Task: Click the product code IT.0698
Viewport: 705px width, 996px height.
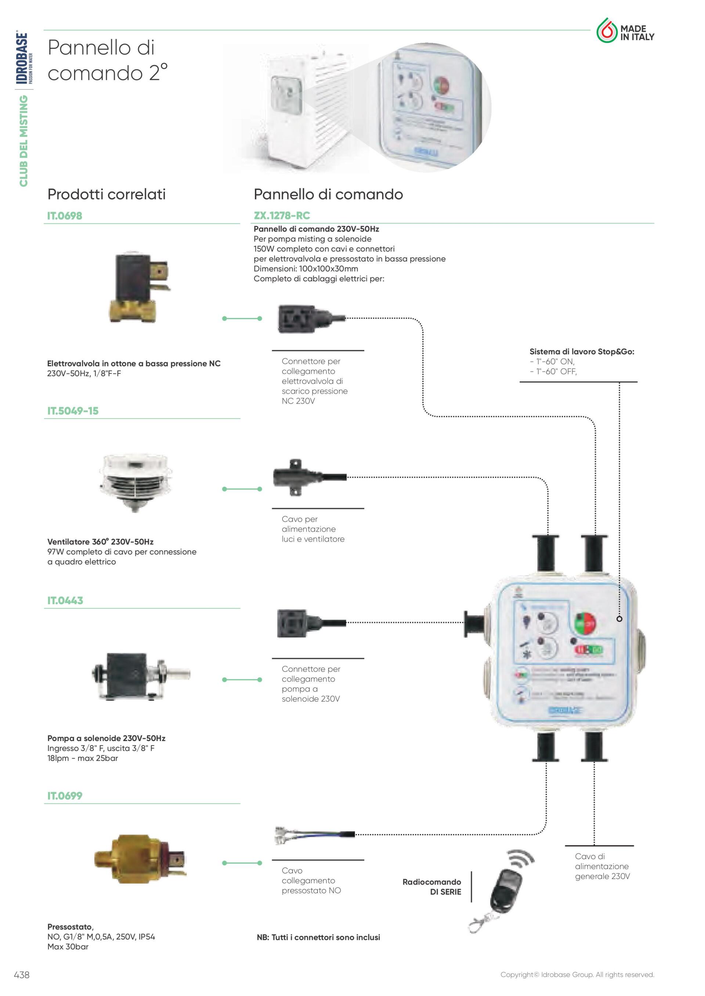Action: point(65,216)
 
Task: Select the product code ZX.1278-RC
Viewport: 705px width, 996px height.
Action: point(282,216)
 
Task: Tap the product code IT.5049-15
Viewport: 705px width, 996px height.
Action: point(73,411)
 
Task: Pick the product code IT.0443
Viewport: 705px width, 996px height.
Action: point(65,601)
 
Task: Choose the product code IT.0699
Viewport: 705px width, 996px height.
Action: point(65,796)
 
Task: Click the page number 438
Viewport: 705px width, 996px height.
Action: point(22,975)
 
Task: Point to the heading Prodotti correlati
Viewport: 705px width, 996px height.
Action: point(106,194)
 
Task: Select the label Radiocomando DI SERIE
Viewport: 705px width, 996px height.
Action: point(433,887)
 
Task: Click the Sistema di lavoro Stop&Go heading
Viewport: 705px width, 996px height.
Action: point(582,352)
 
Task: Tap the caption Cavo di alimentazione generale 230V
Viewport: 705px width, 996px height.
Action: point(602,866)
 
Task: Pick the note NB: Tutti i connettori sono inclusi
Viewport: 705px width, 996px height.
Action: point(318,937)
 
